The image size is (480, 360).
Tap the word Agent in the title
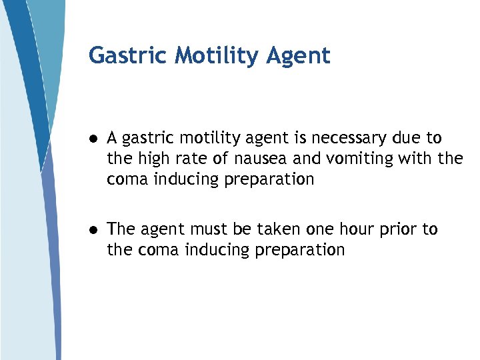coord(298,56)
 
